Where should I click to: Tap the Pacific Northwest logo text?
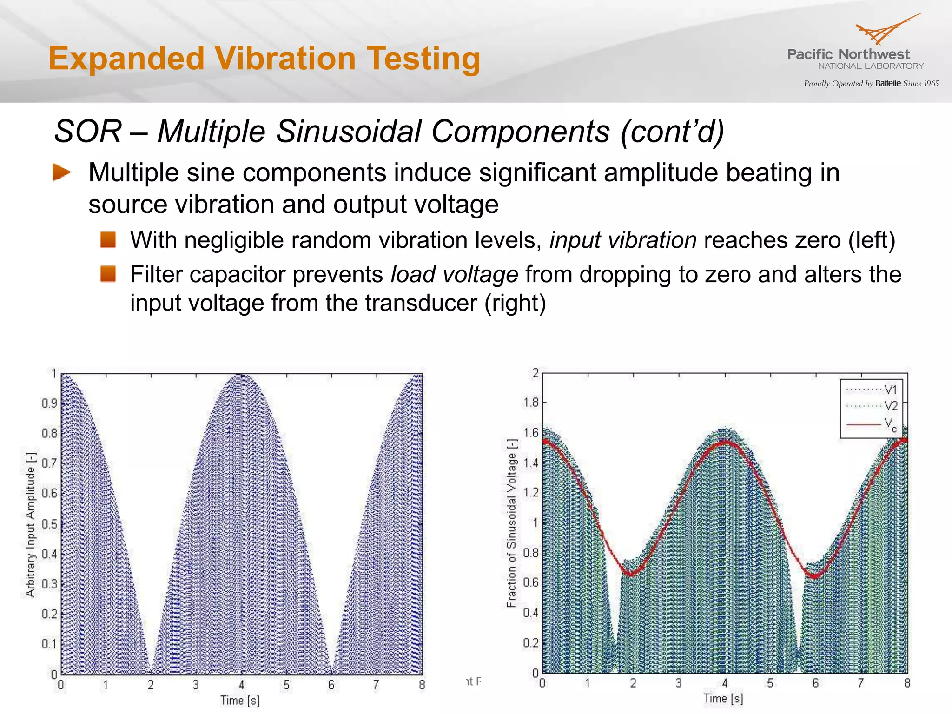[848, 54]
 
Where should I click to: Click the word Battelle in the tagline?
[888, 84]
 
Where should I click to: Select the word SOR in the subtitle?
[88, 132]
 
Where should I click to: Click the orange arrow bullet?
[61, 172]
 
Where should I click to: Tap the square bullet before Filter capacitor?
[108, 274]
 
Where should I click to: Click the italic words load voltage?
[454, 274]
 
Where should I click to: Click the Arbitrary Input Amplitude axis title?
[30, 524]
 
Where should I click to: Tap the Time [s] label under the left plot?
[240, 701]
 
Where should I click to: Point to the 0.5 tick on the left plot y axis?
[49, 524]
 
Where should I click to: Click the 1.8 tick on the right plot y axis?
[531, 402]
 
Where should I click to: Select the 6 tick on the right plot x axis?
[815, 683]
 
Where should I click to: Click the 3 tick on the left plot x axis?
[196, 685]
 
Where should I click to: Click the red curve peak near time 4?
[725, 443]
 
